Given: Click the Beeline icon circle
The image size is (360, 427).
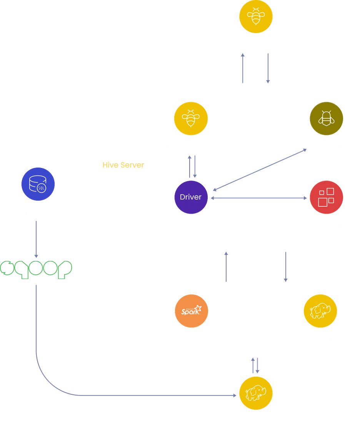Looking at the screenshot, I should click(x=326, y=118).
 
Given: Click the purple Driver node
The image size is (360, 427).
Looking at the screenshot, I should click(x=191, y=197).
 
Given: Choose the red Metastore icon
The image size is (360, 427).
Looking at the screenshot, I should click(x=326, y=197).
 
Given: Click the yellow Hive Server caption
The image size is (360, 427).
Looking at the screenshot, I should click(x=123, y=165).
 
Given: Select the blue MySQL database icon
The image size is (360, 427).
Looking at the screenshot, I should click(x=38, y=184).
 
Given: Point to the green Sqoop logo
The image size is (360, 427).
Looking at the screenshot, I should click(x=37, y=269).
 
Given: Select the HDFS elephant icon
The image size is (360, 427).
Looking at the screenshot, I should click(x=256, y=393).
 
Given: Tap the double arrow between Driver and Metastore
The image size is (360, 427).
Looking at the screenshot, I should click(x=259, y=198).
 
